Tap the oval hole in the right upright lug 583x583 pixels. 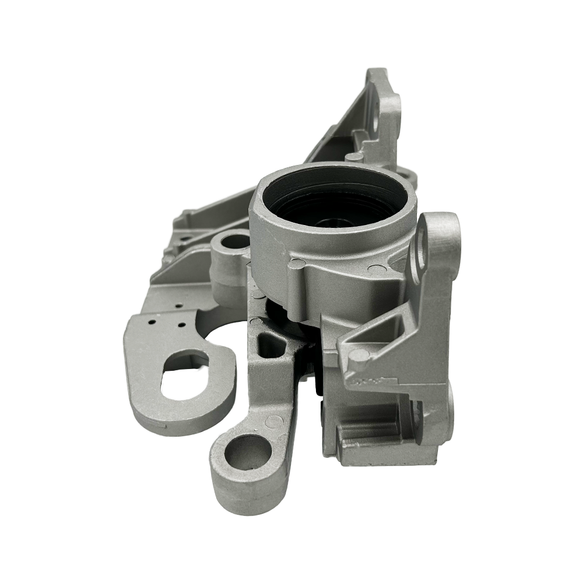pyautogui.click(x=421, y=248)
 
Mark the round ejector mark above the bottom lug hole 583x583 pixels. pyautogui.click(x=271, y=420)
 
